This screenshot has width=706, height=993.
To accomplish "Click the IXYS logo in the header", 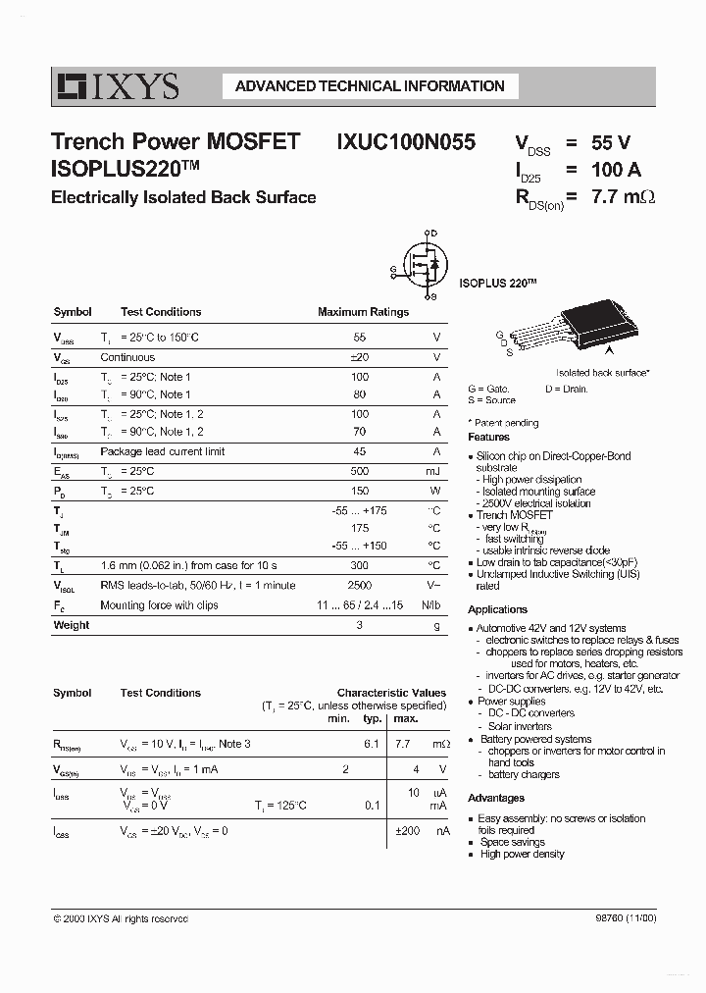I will [117, 87].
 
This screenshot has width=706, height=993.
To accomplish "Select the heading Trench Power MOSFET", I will [176, 142].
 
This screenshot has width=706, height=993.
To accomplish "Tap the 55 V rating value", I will [611, 143].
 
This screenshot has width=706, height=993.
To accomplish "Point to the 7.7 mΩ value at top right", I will [623, 196].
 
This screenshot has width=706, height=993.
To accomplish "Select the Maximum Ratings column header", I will [363, 312].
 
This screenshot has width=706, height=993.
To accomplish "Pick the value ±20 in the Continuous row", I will [359, 358].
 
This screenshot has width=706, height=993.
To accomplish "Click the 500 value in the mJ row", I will [360, 471].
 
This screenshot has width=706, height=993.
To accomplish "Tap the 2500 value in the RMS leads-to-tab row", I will [359, 585].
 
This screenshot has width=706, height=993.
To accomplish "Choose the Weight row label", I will [71, 625].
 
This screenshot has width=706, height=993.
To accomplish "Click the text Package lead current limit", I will [163, 451].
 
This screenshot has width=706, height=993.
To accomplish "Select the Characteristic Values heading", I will [391, 693].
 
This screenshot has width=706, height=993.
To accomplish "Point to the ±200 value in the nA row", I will [407, 831].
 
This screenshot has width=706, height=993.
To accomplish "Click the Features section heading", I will [488, 437].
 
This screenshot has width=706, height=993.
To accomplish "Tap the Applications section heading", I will [497, 609].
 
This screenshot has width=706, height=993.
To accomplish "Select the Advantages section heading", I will [495, 798].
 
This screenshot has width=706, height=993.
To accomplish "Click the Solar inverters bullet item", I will [519, 726].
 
